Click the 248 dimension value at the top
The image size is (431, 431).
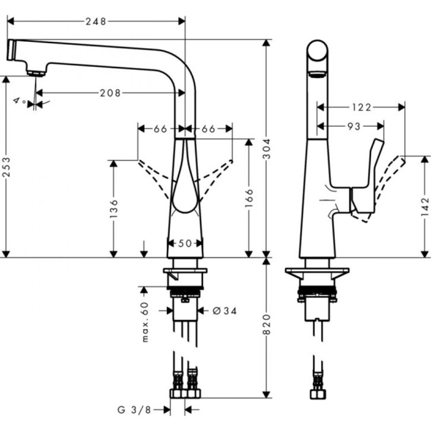pyautogui.click(x=96, y=21)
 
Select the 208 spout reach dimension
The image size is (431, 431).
pyautogui.click(x=110, y=93)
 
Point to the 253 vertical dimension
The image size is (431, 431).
pyautogui.click(x=6, y=167)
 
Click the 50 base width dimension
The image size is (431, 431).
pyautogui.click(x=186, y=244)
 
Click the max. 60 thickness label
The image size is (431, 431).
pyautogui.click(x=144, y=322)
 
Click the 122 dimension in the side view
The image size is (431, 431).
pyautogui.click(x=361, y=107)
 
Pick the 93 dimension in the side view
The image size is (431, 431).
pyautogui.click(x=354, y=126)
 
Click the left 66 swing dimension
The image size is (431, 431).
pyautogui.click(x=161, y=129)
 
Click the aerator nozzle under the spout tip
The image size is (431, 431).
pyautogui.click(x=37, y=72)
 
